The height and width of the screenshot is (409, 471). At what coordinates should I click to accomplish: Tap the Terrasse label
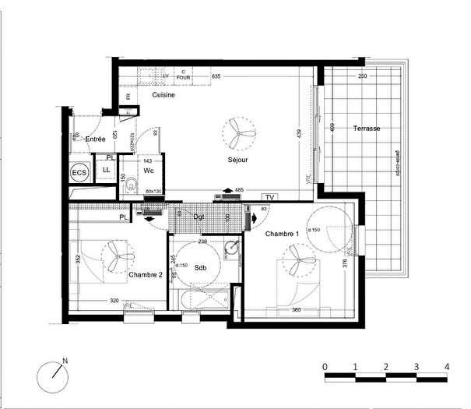coord(366,128)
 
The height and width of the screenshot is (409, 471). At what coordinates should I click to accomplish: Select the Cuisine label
coord(163,95)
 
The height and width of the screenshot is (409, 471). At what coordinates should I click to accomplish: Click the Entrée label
coord(96,139)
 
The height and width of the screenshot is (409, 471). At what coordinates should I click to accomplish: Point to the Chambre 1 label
coord(281,234)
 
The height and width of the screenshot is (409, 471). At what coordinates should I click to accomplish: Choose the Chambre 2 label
coord(146,275)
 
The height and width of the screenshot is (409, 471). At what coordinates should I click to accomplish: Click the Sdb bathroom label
coord(200,268)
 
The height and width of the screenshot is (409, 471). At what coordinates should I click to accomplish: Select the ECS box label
coord(79,172)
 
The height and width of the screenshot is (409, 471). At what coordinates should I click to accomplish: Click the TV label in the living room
coord(270,197)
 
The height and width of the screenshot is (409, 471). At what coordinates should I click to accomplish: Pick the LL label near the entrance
coord(106,170)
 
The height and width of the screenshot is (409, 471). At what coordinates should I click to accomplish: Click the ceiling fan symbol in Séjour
coord(237,134)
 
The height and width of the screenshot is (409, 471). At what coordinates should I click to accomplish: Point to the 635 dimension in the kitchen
coord(216,76)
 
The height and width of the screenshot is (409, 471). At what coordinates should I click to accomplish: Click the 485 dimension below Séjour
coord(240,190)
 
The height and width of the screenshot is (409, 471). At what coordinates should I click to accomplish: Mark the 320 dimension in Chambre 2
coord(114,301)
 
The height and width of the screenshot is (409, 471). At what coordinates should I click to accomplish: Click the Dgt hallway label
coord(199,217)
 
